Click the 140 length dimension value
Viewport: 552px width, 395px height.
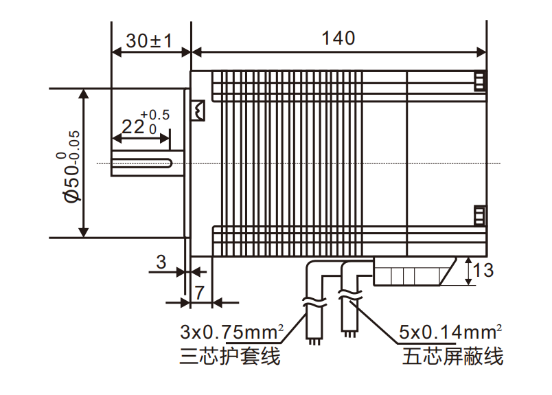coord(338,38)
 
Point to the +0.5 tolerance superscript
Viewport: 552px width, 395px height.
coord(154,115)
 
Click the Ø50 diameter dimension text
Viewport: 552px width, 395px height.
coord(71,166)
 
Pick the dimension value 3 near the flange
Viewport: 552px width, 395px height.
coord(161,262)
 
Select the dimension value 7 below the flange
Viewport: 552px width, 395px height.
coord(199,291)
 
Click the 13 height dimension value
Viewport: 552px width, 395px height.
coord(483,270)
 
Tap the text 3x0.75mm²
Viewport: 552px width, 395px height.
coord(232,332)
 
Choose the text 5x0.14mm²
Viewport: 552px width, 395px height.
coord(450,332)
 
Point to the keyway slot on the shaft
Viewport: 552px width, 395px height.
coord(141,163)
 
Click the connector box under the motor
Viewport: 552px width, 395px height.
coord(412,272)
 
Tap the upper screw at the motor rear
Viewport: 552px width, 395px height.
coord(480,81)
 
